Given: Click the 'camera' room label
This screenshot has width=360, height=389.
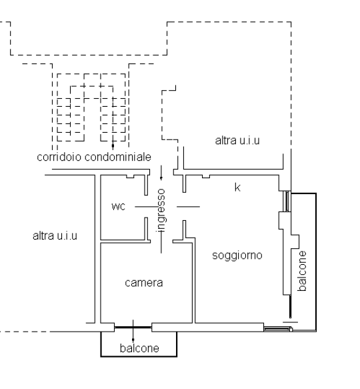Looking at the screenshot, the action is [x=144, y=283].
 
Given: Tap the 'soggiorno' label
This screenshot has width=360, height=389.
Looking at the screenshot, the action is [x=237, y=256].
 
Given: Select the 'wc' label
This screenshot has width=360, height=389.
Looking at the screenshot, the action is [x=119, y=206].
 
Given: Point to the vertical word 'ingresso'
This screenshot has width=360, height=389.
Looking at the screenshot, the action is [x=161, y=210].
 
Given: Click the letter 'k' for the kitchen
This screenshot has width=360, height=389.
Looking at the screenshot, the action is [x=237, y=187].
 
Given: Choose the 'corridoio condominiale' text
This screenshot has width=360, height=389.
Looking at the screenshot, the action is [x=94, y=157].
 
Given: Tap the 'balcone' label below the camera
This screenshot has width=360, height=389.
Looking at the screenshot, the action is [x=139, y=348].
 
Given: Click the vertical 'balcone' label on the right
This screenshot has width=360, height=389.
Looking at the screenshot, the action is [x=303, y=271].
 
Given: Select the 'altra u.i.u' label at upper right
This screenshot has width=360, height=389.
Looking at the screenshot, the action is [x=237, y=141].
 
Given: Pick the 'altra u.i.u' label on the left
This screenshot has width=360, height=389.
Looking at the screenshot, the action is [x=55, y=236].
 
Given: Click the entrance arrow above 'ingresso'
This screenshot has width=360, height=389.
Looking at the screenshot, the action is [x=161, y=173].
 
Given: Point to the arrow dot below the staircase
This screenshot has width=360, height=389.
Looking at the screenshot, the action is [x=113, y=146].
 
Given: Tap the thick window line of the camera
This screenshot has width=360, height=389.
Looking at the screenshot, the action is [x=133, y=328].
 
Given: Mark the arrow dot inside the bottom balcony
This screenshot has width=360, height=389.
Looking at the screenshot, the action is [x=133, y=340].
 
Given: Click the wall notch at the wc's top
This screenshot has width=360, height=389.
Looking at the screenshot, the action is [x=130, y=176].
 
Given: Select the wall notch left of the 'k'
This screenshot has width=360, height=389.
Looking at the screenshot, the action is [x=206, y=176].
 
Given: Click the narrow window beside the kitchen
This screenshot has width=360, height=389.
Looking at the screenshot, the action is [x=287, y=202].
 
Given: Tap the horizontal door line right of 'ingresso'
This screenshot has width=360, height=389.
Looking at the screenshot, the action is [x=188, y=206].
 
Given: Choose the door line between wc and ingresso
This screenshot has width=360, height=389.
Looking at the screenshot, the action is [x=147, y=206].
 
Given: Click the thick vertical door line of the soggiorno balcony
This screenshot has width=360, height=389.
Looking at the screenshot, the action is [x=290, y=306].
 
